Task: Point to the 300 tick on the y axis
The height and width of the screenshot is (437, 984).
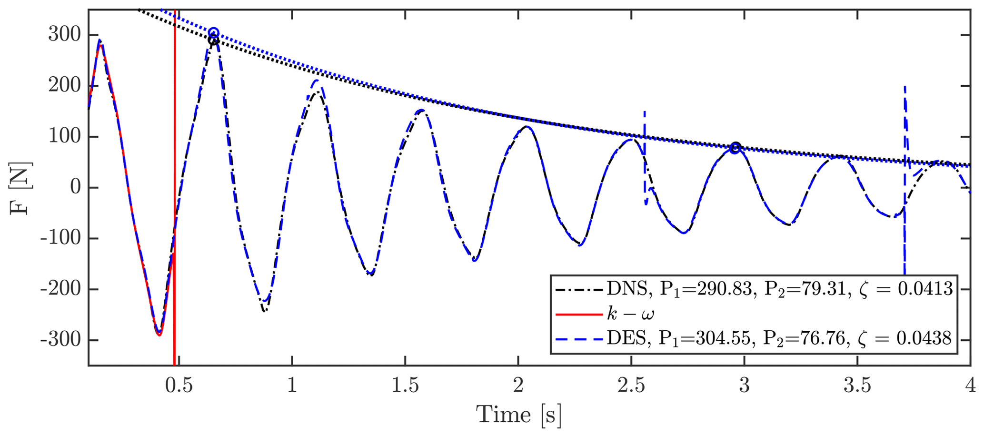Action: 63,35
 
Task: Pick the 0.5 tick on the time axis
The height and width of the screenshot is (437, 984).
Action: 179,385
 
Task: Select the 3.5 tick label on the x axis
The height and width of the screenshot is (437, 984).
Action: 857,385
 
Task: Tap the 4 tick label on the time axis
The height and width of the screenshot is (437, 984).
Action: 970,385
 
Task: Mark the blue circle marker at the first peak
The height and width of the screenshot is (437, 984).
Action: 214,32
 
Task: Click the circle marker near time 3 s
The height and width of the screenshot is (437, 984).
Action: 735,148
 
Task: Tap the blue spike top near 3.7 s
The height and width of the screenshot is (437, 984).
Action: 904,87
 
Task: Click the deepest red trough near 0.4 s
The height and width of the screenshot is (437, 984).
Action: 159,335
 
